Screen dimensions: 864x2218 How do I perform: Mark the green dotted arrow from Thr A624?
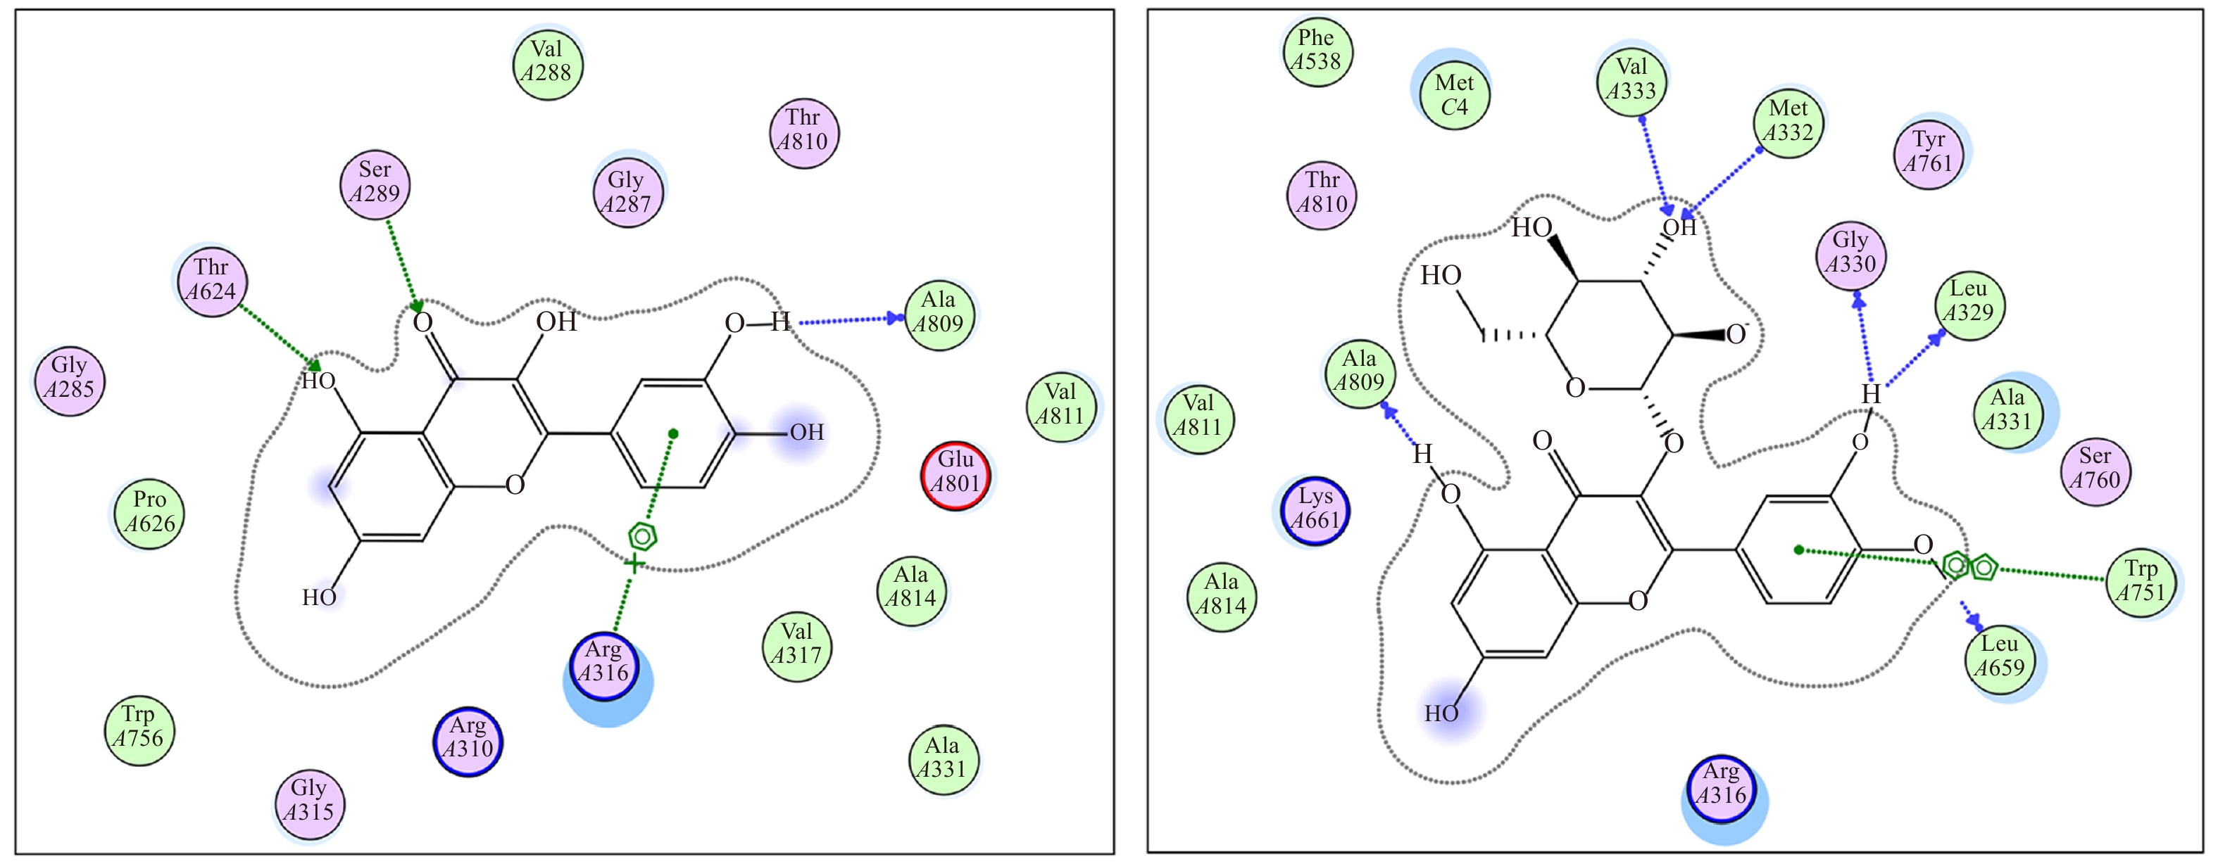coord(277,336)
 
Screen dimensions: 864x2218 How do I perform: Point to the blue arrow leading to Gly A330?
coord(1864,340)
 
